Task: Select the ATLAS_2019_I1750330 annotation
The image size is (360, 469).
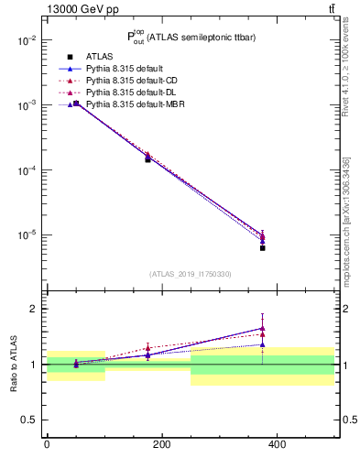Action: coord(191,274)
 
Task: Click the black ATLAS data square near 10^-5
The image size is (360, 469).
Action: coord(263,248)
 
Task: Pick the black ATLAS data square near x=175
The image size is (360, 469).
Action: coord(147,159)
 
